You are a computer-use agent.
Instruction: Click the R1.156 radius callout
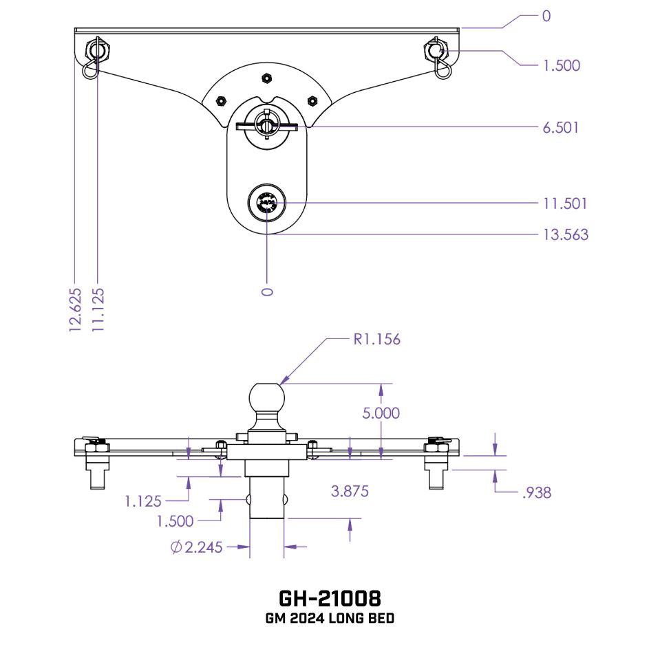pos(376,339)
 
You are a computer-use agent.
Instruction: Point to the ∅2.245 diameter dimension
pos(196,547)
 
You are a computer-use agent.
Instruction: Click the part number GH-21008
pos(330,597)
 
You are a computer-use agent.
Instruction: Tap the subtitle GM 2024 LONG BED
pos(330,619)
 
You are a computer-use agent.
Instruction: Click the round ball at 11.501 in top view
pos(266,203)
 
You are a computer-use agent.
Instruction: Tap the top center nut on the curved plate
pos(266,78)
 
